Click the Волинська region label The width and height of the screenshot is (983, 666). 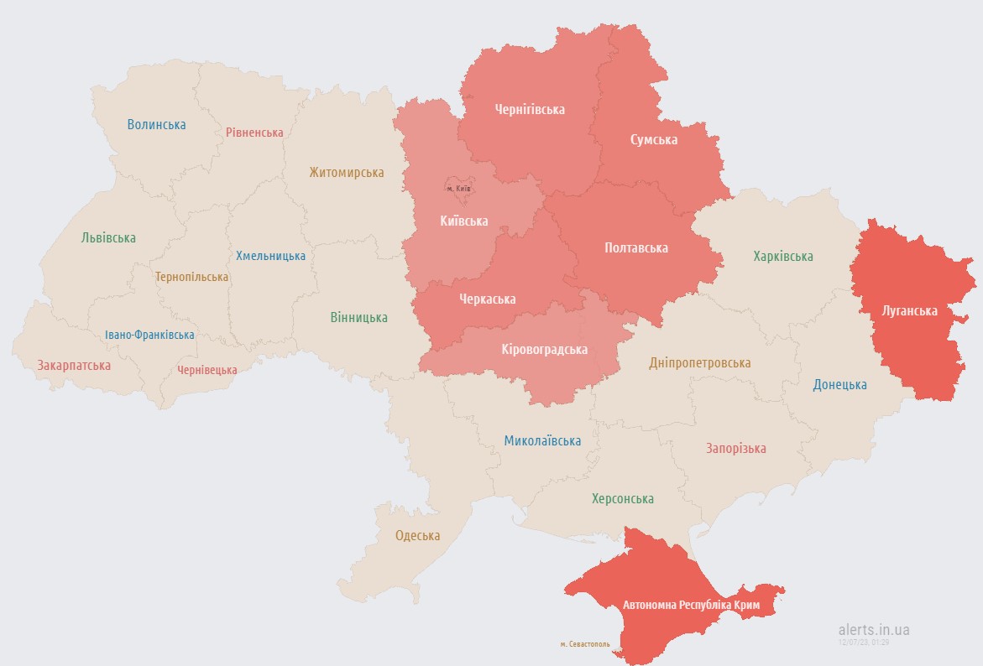pos(156,124)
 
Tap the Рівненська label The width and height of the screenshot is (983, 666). pos(254,132)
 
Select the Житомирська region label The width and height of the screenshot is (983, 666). pos(346,173)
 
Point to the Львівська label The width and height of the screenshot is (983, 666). pos(108,237)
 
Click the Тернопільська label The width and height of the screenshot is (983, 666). pos(191,276)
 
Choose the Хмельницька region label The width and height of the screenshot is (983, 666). pos(270,255)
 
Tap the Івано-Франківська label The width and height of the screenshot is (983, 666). pos(149,335)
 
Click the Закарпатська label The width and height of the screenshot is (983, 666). pos(74,366)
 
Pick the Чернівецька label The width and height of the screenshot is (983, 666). pos(207,370)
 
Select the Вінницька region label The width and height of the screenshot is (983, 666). pos(358,317)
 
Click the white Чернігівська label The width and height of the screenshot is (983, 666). pos(530,109)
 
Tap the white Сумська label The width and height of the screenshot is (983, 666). pos(654,139)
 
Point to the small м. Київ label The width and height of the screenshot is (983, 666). pos(458,188)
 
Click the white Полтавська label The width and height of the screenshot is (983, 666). pos(635,247)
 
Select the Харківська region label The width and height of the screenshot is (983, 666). pos(782,256)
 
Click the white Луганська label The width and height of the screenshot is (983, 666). pos(909,310)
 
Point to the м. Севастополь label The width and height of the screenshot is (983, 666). pos(585,644)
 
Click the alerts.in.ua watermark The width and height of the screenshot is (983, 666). pos(873,629)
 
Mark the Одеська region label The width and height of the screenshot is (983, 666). pos(417,535)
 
